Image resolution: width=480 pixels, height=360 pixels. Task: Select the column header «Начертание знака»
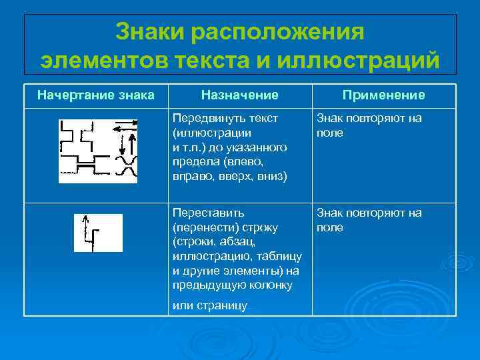(95, 95)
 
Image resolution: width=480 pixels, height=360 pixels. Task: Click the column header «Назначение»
(240, 95)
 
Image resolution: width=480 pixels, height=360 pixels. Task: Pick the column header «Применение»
(383, 95)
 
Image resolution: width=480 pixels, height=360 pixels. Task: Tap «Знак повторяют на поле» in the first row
(369, 125)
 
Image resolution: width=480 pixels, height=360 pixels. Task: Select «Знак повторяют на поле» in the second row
(369, 220)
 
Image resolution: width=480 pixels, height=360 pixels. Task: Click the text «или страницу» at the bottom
(209, 305)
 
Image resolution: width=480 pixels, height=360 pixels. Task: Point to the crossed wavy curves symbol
(127, 167)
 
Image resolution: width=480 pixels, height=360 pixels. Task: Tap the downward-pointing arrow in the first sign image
(122, 143)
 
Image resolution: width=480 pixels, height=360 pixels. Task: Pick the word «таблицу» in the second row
(281, 256)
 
